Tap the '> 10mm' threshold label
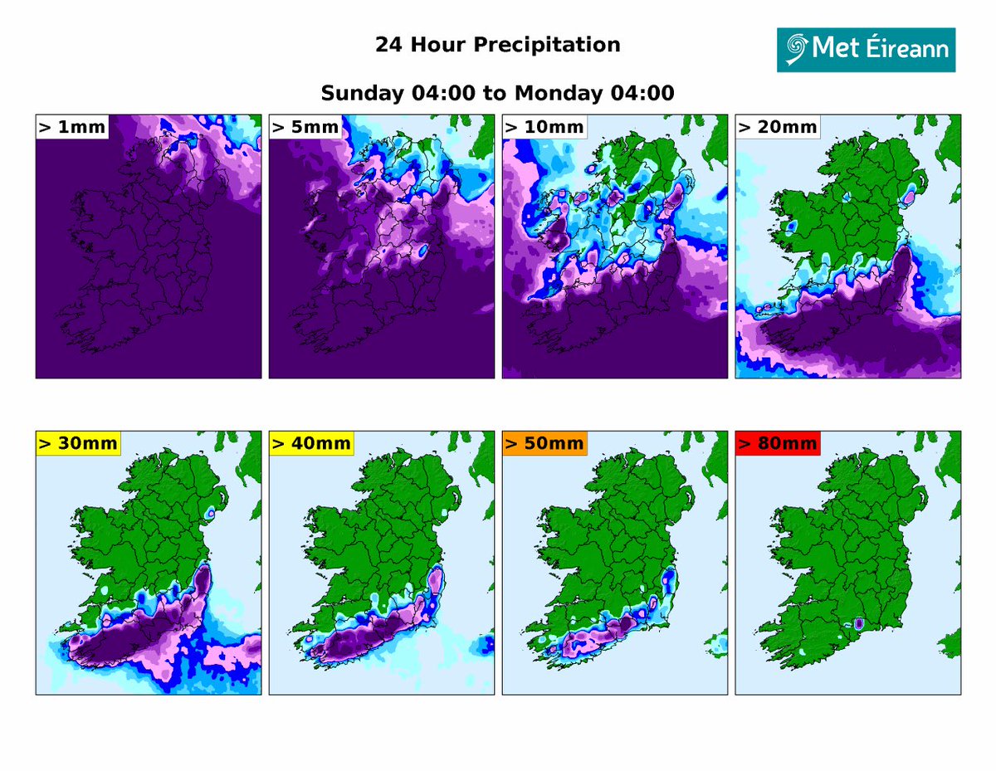pos(544,127)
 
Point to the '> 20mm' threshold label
pos(778,127)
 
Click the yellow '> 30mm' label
pos(78,443)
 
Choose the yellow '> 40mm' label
pos(311,443)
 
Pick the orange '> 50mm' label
pos(544,443)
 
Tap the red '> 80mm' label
pos(778,443)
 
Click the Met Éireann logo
pos(866,49)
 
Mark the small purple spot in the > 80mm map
pos(860,623)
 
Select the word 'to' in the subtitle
pos(494,93)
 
